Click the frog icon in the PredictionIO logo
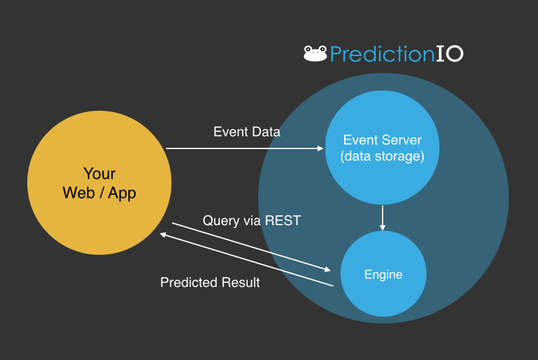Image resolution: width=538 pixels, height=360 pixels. tap(315, 54)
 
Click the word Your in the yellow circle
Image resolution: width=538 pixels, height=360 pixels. tap(99, 174)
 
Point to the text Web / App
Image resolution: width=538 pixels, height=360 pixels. tap(99, 193)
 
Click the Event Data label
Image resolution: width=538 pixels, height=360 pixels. tap(246, 132)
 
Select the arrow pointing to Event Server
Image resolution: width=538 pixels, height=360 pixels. tap(245, 148)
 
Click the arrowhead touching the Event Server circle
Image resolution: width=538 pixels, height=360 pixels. tap(321, 148)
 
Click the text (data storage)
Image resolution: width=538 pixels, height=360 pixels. tap(383, 156)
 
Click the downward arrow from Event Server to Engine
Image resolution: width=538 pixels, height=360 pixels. tap(383, 217)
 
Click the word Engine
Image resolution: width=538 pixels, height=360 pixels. tap(383, 275)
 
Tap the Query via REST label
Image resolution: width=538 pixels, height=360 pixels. tap(251, 221)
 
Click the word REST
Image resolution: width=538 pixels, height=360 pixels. tap(282, 221)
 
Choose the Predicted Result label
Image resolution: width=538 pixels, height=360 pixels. tap(210, 283)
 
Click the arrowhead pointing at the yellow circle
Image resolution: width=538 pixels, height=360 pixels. tap(163, 234)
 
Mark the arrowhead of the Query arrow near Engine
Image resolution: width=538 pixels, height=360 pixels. tap(327, 270)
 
